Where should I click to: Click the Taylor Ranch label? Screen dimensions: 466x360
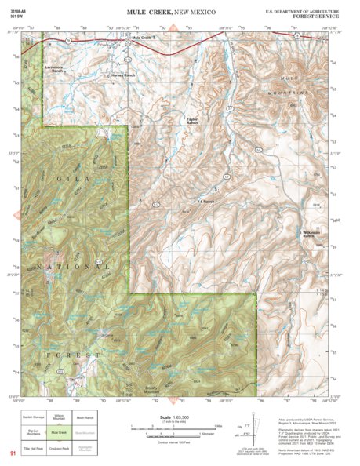192,121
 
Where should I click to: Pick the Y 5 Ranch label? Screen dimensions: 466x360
205,202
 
